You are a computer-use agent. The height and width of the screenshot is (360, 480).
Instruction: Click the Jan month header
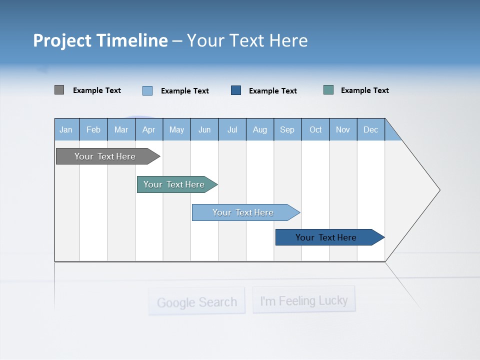tap(66, 129)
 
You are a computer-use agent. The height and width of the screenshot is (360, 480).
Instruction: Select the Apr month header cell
tap(148, 129)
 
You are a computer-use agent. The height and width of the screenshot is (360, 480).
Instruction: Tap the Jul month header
tap(232, 129)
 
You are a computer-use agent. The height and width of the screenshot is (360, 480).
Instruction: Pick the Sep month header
tap(287, 129)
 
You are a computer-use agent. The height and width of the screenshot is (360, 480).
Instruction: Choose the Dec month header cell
tap(370, 129)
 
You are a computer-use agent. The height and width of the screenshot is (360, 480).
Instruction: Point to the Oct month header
tap(315, 129)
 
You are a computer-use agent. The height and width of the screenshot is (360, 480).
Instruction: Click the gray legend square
tap(59, 90)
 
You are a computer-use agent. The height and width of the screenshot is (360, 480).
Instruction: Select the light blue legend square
tap(147, 90)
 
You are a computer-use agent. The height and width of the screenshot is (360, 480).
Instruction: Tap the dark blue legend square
tap(236, 90)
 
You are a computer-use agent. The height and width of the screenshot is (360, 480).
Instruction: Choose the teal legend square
tap(328, 90)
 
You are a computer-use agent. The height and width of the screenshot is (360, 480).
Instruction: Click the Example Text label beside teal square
tap(364, 90)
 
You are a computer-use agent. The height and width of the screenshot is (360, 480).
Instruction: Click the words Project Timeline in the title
tap(100, 40)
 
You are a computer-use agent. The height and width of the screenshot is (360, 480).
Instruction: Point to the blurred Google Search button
tap(196, 301)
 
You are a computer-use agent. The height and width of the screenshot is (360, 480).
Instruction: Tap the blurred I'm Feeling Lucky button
tap(303, 300)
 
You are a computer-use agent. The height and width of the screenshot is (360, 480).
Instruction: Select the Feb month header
tap(93, 129)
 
